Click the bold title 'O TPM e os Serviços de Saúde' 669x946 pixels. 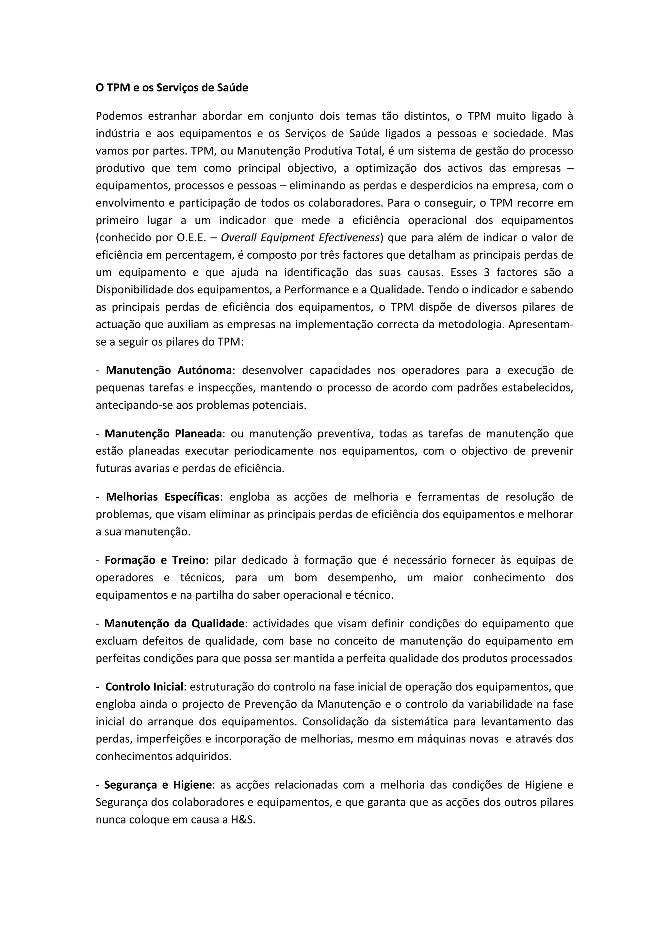172,88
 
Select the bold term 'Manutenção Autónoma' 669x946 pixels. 169,370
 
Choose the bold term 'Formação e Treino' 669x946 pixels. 155,560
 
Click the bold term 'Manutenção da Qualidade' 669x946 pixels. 174,623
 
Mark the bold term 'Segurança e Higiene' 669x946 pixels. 157,785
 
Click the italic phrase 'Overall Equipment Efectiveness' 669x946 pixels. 300,238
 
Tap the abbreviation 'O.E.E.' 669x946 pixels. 191,238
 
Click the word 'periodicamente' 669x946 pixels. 272,451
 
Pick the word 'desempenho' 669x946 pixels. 362,577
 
